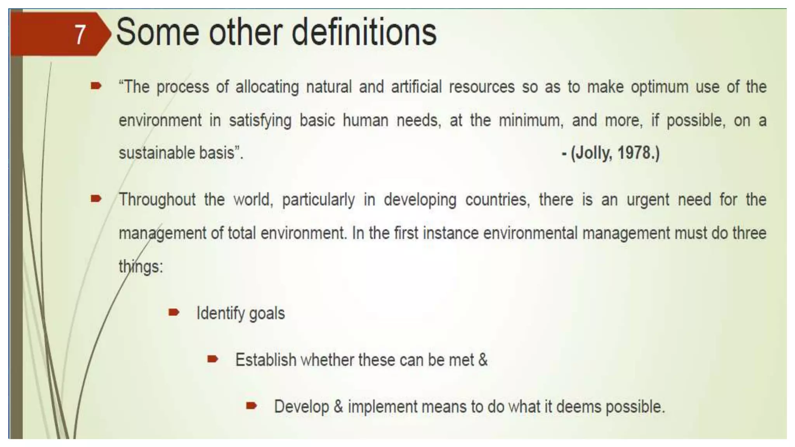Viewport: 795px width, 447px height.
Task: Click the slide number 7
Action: (80, 35)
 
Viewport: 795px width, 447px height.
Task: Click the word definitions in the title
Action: (364, 33)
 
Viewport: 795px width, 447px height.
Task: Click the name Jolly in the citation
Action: (593, 153)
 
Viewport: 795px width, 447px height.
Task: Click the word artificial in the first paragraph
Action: (416, 87)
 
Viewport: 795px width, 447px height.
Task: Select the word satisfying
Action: (260, 121)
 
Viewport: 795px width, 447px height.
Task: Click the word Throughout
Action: (157, 200)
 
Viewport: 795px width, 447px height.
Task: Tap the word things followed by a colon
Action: (141, 267)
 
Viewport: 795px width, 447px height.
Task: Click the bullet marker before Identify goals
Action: (174, 312)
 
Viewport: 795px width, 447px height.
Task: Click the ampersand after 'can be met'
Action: (483, 360)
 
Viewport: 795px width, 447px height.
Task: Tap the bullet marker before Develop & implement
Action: (251, 406)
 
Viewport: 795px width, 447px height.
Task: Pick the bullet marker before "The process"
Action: (96, 86)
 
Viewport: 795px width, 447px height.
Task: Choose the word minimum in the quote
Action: (531, 121)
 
